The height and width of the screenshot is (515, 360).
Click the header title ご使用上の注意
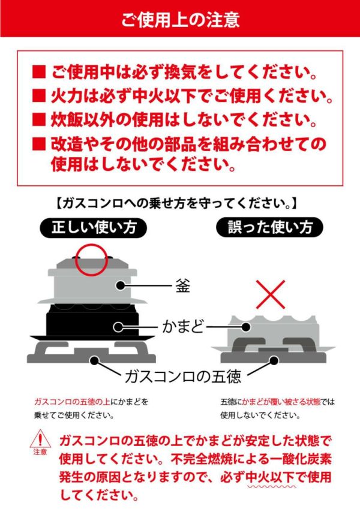[x=180, y=19]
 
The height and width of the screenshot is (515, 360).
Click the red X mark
[x=270, y=294]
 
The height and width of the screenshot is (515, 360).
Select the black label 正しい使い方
[x=94, y=228]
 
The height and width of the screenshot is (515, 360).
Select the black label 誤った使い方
[x=269, y=227]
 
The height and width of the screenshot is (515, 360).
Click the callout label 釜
[x=182, y=285]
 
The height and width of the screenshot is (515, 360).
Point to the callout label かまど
[x=183, y=327]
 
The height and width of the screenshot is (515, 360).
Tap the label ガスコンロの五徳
[x=183, y=377]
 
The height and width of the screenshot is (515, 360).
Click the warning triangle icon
[x=40, y=438]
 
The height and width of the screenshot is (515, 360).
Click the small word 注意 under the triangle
[x=40, y=452]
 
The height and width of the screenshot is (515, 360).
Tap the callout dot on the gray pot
[x=121, y=285]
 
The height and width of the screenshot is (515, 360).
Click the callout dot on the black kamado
[x=118, y=327]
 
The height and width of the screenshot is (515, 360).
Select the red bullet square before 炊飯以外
[x=39, y=120]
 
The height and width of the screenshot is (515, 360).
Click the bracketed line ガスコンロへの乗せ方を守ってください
[x=175, y=204]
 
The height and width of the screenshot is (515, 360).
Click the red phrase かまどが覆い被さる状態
[x=281, y=402]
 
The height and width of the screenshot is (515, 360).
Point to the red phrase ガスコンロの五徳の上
[x=73, y=402]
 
